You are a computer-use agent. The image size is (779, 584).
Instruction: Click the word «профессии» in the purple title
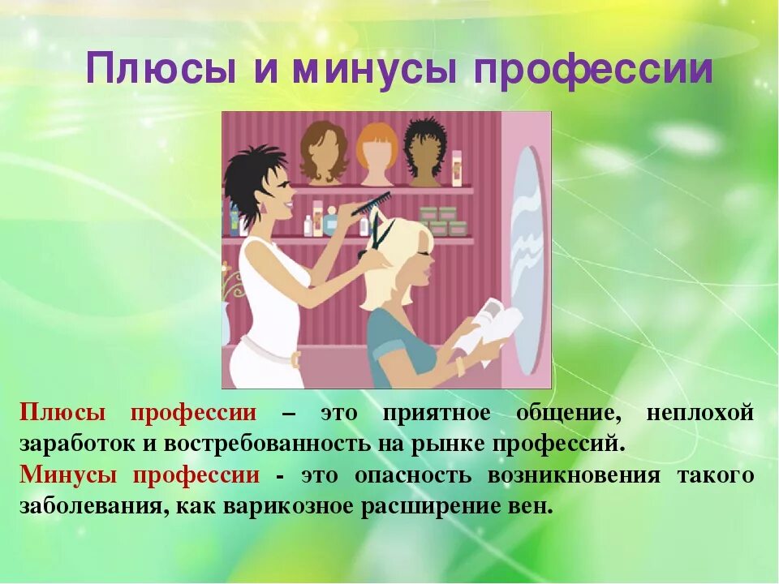(593, 71)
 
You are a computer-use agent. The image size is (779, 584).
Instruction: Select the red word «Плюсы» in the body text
(62, 413)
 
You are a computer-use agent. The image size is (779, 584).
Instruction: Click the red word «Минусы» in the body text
(71, 475)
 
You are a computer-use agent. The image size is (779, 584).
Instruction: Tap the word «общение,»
(569, 413)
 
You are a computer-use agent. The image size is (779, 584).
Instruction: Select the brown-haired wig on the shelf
(324, 151)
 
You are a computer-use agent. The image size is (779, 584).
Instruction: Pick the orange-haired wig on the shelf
(378, 152)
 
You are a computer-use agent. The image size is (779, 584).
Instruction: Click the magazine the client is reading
(492, 328)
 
